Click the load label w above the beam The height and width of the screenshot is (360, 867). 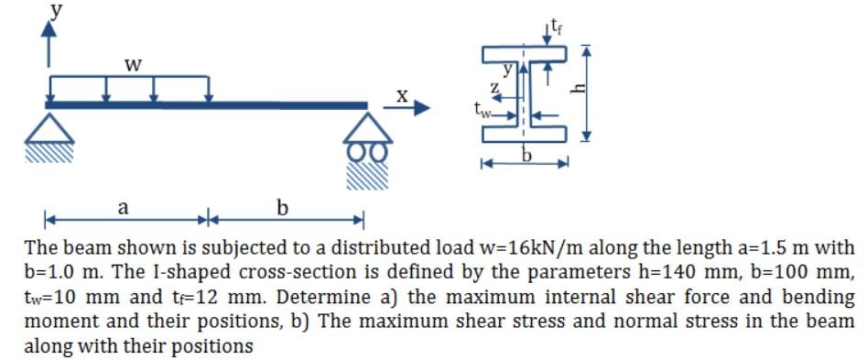133,65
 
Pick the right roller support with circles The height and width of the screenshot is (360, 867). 368,137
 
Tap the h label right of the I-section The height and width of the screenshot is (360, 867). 603,90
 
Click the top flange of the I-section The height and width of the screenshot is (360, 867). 524,53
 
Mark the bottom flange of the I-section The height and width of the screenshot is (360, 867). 524,136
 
